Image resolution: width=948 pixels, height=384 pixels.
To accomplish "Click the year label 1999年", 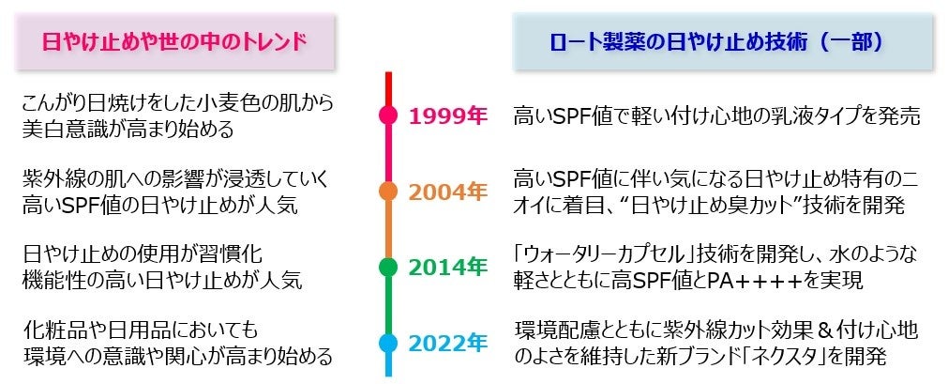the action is coord(447,115).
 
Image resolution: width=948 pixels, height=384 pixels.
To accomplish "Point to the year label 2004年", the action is coord(447,191).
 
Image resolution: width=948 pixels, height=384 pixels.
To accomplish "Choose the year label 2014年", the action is coord(447,267).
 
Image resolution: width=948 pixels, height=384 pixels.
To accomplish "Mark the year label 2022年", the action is coord(447,343).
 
